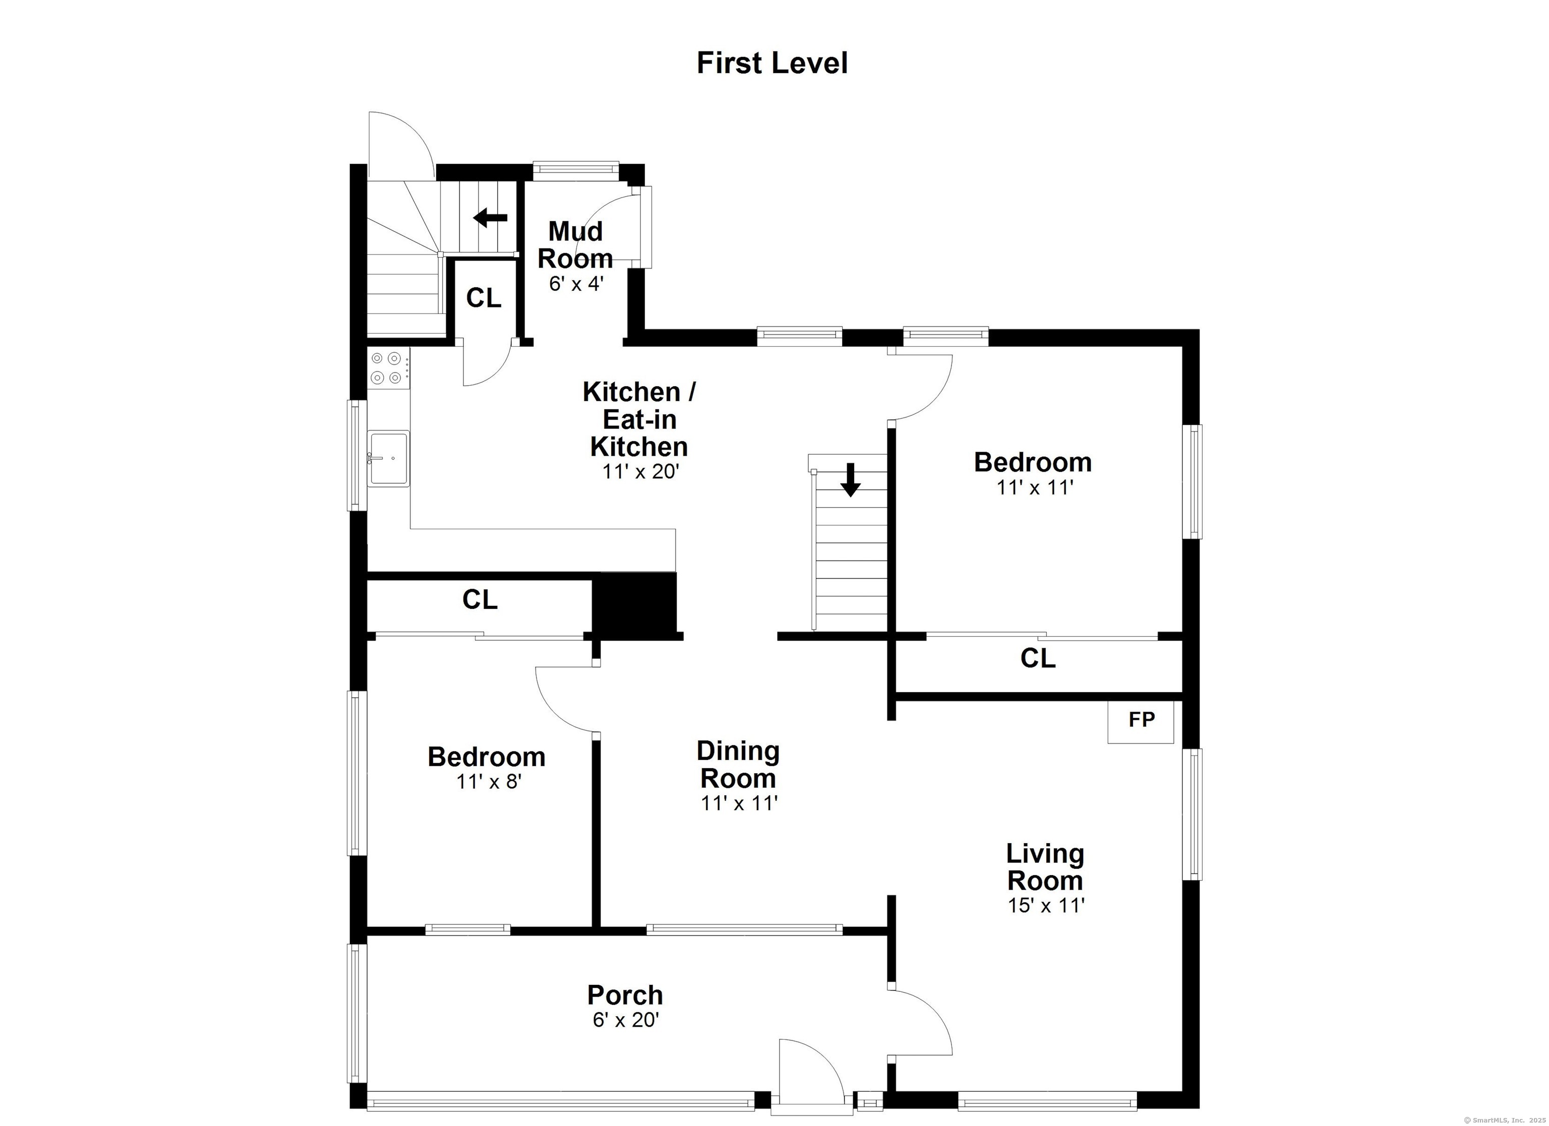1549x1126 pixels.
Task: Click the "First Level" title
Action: coord(772,63)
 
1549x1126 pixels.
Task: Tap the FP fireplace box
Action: coord(1141,721)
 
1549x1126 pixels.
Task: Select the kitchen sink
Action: coord(388,458)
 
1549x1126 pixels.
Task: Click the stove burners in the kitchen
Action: coord(387,367)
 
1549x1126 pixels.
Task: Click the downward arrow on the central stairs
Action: coord(850,479)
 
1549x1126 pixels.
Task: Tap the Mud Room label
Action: coord(575,244)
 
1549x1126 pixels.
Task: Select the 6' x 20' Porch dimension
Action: coord(625,1020)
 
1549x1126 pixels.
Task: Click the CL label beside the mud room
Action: coord(484,298)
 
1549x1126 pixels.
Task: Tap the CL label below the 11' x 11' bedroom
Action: coord(1037,658)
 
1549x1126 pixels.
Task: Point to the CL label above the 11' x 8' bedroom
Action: coord(480,599)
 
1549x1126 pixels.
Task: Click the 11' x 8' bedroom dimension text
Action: coord(489,781)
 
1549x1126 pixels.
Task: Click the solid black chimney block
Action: coord(634,605)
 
